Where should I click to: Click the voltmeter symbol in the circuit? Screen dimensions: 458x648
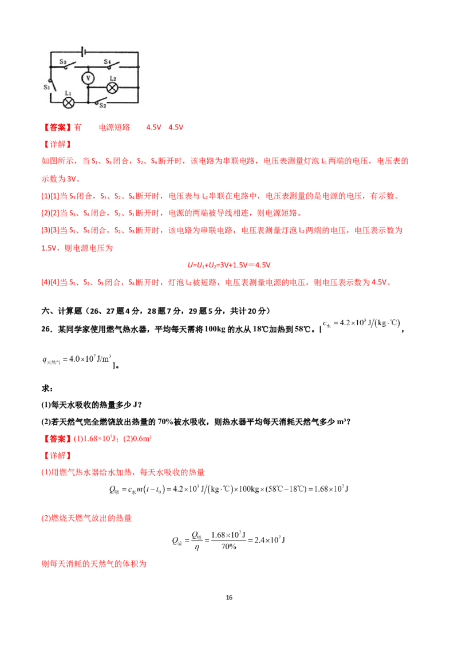(88, 78)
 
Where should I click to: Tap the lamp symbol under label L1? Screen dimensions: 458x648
(69, 102)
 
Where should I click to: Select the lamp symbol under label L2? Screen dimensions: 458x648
(112, 88)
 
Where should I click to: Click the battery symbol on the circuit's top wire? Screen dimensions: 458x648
(83, 52)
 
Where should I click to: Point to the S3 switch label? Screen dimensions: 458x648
(63, 62)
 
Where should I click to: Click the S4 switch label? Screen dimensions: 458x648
(108, 62)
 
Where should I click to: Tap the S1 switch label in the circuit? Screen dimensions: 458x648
(47, 87)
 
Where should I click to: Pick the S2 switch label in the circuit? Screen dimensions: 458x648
(102, 106)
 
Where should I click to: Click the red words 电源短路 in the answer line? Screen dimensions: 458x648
(114, 127)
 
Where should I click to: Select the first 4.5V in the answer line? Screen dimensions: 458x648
(154, 127)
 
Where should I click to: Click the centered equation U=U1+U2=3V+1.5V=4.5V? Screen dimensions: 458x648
(229, 265)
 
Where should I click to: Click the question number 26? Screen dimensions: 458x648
(46, 329)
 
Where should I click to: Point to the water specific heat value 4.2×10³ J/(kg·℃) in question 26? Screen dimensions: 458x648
(361, 323)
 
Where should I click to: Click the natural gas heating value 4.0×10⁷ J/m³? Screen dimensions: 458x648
(77, 359)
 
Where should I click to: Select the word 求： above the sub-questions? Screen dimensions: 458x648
(48, 388)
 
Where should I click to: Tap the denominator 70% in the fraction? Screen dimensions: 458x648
(228, 546)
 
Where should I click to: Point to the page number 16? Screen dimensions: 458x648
(229, 597)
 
